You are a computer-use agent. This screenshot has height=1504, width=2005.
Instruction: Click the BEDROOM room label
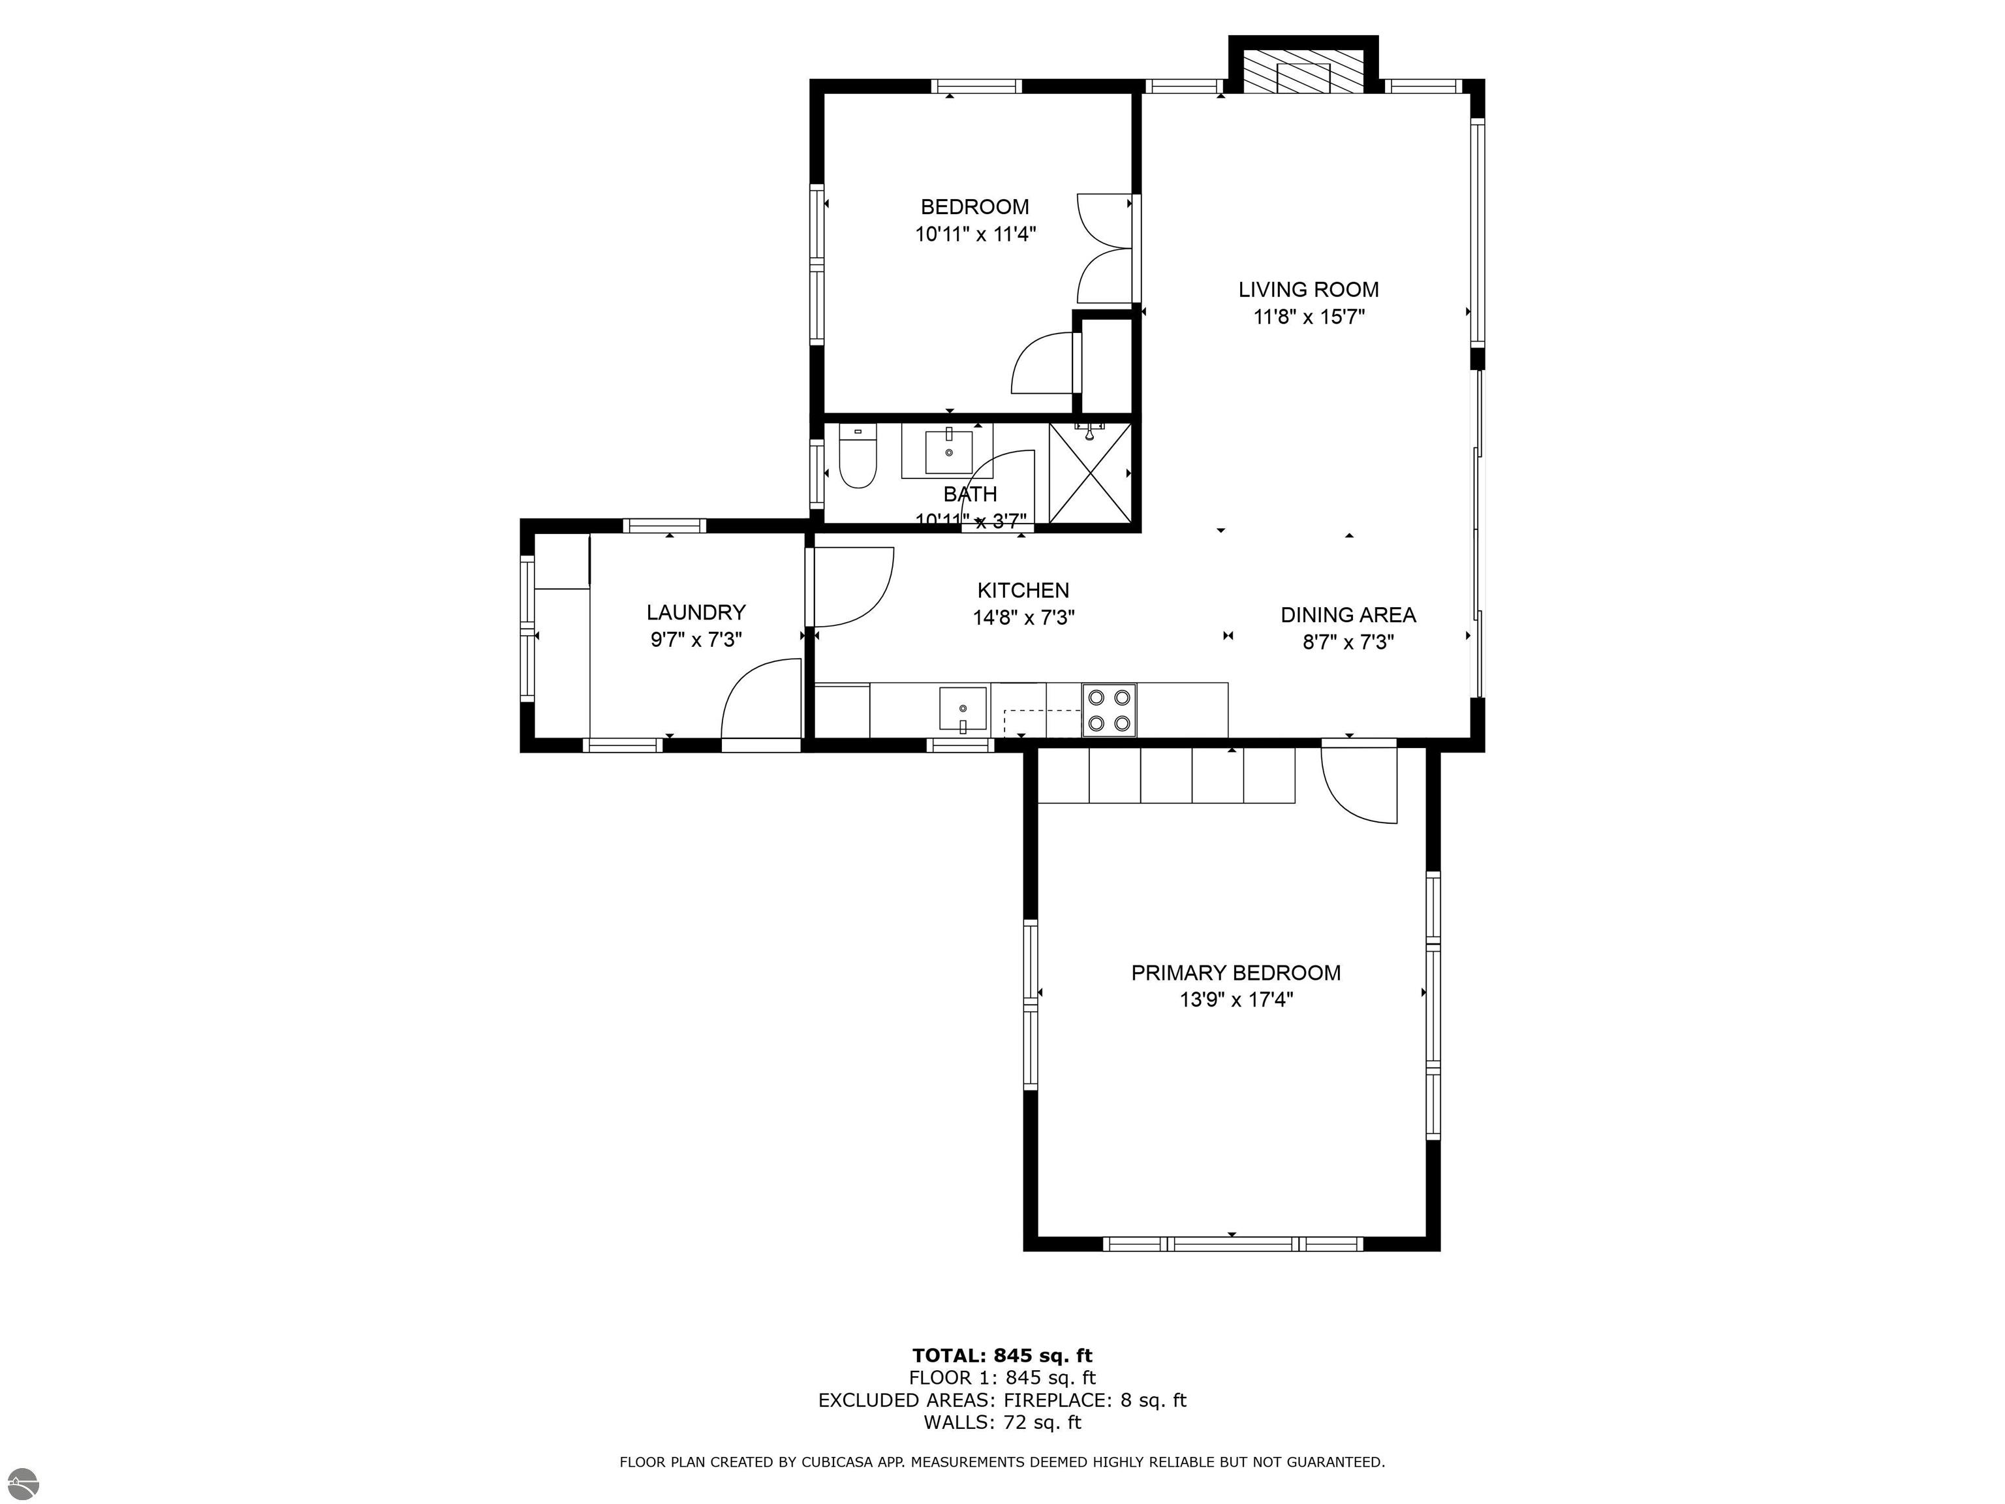pos(974,207)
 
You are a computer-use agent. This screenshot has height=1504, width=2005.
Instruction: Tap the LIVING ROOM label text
pos(1308,290)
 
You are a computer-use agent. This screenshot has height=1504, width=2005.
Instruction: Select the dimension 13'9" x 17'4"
pos(1236,1000)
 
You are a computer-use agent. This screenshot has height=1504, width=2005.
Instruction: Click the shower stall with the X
pos(1091,473)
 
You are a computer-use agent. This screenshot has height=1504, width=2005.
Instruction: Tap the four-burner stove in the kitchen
pos(1110,710)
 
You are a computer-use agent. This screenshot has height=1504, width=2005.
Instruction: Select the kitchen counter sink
pos(963,710)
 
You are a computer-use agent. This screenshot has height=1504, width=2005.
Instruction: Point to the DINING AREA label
pos(1348,615)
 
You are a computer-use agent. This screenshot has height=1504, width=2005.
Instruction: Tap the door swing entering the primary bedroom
pos(1360,784)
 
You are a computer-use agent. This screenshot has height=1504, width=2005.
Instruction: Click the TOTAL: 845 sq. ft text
pos(1002,1355)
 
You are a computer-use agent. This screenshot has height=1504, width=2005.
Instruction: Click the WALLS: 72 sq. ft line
pos(1002,1422)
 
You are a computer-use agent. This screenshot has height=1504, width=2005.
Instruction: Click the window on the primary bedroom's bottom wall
pos(1233,1244)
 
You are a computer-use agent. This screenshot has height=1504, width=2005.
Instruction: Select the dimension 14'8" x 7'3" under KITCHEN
pos(1023,618)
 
